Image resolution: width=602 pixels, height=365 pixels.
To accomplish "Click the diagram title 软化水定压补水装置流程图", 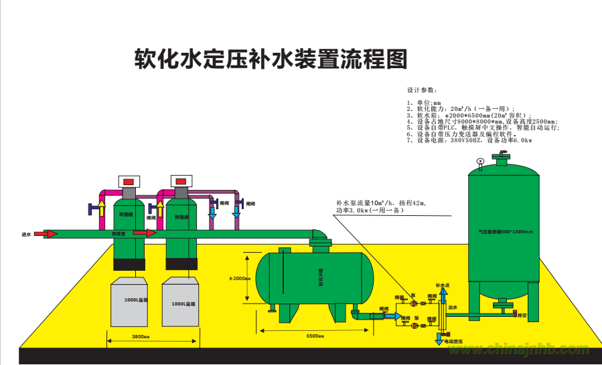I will pyautogui.click(x=271, y=59).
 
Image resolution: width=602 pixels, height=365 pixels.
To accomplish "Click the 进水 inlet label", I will pyautogui.click(x=26, y=234).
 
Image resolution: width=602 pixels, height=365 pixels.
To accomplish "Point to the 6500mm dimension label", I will pyautogui.click(x=315, y=336).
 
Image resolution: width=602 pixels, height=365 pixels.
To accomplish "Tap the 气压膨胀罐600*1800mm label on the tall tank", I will pyautogui.click(x=505, y=231).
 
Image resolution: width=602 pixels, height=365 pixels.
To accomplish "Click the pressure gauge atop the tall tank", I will pyautogui.click(x=480, y=161).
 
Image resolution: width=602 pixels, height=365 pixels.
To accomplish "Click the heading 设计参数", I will pyautogui.click(x=422, y=90).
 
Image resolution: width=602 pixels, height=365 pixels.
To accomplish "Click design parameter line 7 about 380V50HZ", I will pyautogui.click(x=469, y=141).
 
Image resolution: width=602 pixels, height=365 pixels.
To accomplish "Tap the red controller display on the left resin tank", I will pyautogui.click(x=129, y=181).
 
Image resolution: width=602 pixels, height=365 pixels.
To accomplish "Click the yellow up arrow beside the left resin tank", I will pyautogui.click(x=102, y=207).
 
